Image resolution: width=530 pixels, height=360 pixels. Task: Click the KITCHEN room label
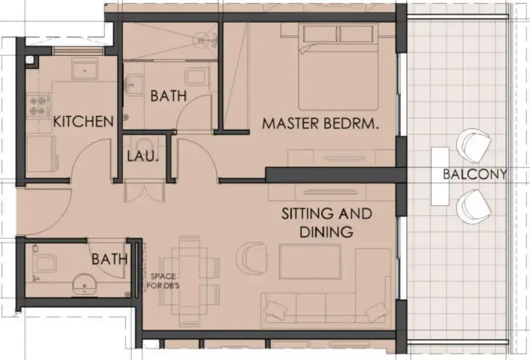(x=83, y=121)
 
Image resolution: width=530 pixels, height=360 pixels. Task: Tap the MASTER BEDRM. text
(x=320, y=124)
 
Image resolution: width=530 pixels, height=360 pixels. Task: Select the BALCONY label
(x=475, y=174)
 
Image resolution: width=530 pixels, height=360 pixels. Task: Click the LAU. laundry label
(x=143, y=156)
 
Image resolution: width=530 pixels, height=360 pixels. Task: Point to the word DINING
(x=326, y=231)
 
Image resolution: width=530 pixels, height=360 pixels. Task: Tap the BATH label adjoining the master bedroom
(x=168, y=96)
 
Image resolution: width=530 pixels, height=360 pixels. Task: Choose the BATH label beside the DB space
(x=110, y=259)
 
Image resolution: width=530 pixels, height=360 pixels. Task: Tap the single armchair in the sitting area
(x=253, y=256)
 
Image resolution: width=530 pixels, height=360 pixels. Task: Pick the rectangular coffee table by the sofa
(x=309, y=261)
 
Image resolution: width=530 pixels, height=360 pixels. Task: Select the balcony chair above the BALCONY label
(x=474, y=144)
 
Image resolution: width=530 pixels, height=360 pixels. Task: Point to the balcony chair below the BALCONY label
(x=474, y=205)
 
